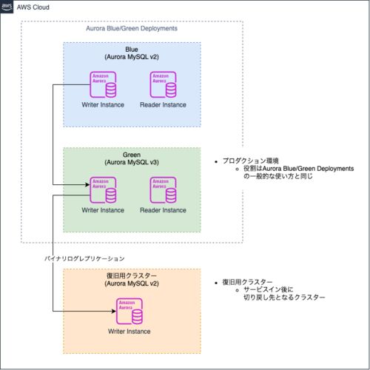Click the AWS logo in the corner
(7, 7)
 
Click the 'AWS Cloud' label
(33, 7)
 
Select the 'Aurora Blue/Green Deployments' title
(132, 29)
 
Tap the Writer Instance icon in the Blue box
(103, 84)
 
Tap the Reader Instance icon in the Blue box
(163, 84)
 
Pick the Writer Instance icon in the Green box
(103, 190)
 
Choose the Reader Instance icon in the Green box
(163, 190)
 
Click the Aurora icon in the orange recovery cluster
(129, 312)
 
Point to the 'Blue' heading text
(132, 50)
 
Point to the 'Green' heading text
(132, 155)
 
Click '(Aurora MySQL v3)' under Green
(132, 163)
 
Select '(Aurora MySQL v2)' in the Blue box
(132, 57)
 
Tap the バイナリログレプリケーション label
(84, 258)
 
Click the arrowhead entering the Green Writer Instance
(87, 184)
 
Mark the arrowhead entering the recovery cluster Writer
(114, 311)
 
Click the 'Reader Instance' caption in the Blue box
(163, 105)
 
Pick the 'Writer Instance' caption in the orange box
(129, 332)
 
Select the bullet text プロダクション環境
(251, 161)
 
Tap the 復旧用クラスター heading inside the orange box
(132, 276)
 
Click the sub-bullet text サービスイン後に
(269, 289)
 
